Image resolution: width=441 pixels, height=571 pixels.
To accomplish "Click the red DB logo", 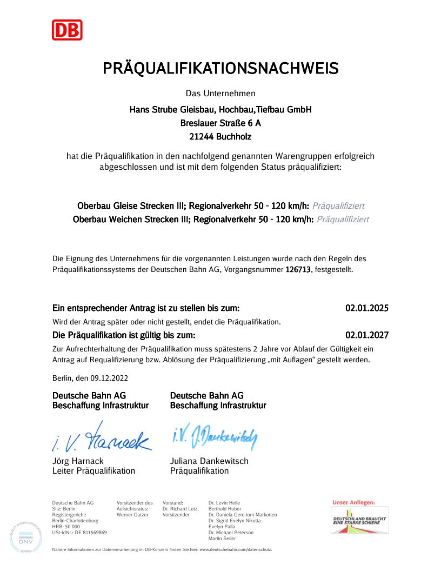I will pos(67,30).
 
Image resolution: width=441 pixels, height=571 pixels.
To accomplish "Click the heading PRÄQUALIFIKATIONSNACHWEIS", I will pos(220,69).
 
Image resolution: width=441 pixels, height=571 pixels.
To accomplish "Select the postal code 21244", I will pos(201,137).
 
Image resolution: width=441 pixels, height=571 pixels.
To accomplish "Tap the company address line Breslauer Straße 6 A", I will pos(220,123).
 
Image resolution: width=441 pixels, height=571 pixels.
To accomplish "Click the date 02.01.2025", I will pos(367,309).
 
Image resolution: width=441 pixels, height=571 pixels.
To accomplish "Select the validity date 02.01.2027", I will pos(367,335).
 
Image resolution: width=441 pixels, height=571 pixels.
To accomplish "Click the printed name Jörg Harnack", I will pos(78,461).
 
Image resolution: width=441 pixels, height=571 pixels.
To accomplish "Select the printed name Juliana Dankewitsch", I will pos(209,461).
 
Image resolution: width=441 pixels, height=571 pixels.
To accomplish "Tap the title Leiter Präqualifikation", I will pos(93,471).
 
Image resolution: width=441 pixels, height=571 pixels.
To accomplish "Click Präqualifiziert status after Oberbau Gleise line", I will pos(338,206).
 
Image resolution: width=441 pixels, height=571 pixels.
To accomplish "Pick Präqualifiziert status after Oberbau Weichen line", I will pos(343,220).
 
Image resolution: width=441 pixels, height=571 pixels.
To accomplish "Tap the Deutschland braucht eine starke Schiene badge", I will pos(359,520).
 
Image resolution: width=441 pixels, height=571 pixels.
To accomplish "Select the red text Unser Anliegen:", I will pos(353,502).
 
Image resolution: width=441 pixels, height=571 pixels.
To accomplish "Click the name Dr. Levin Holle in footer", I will pos(224,503).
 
